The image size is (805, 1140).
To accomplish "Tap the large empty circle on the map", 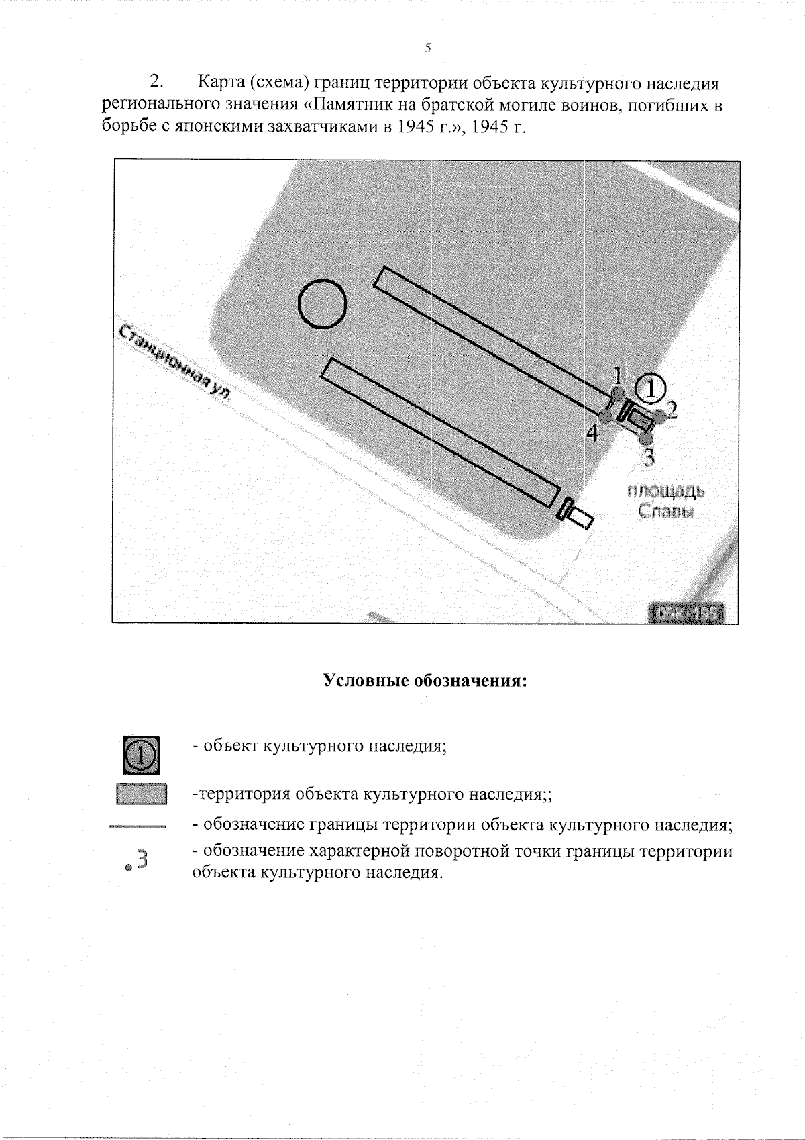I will pyautogui.click(x=322, y=303).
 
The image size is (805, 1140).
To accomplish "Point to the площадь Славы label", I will pyautogui.click(x=665, y=501).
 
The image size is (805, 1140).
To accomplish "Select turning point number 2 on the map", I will pyautogui.click(x=672, y=410).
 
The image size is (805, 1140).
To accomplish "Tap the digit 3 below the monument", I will pyautogui.click(x=648, y=457).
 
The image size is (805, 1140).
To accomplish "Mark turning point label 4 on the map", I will pyautogui.click(x=591, y=434).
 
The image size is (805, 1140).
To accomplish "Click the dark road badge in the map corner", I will pyautogui.click(x=688, y=614).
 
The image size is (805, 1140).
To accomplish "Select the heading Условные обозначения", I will pyautogui.click(x=426, y=681).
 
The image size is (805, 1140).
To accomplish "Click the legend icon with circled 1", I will pyautogui.click(x=141, y=754).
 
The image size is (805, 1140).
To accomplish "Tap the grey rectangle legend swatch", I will pyautogui.click(x=141, y=794).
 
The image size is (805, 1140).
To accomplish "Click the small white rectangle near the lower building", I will pyautogui.click(x=581, y=517).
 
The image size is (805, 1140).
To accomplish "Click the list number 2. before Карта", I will pyautogui.click(x=156, y=83).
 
